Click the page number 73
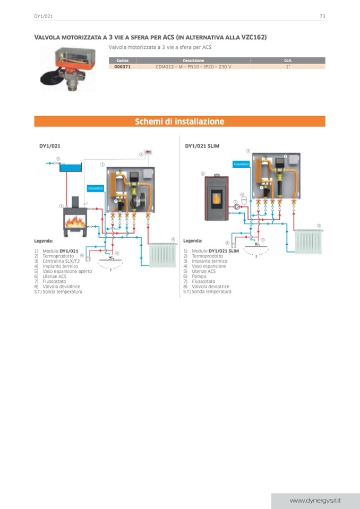click(322, 16)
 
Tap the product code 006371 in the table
click(122, 67)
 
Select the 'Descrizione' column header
click(193, 61)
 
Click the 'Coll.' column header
click(288, 61)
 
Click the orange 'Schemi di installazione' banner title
click(179, 122)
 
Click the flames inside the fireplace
click(75, 221)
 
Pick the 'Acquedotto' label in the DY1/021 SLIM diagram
click(241, 164)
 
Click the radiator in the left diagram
click(163, 255)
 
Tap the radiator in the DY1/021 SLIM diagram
click(308, 241)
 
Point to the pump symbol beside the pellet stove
click(236, 206)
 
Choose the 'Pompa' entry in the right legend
click(198, 277)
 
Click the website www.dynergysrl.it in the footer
click(315, 501)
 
